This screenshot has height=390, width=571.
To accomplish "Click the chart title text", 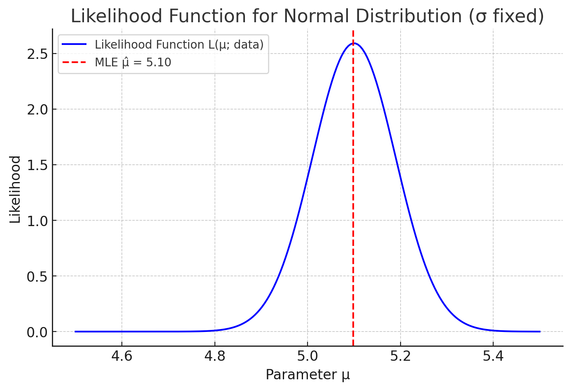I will point(307,16).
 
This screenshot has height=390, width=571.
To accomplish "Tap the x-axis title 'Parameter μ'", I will point(308,375).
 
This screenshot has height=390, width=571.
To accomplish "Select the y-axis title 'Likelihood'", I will point(15,189).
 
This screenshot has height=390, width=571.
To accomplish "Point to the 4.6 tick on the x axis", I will point(122,356).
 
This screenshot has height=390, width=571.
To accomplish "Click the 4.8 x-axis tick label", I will point(214,356).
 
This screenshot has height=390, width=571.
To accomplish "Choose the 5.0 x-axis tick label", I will point(308,356).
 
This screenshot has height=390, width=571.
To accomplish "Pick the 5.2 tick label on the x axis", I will point(400,356).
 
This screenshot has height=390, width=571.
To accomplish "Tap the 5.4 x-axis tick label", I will point(493,356).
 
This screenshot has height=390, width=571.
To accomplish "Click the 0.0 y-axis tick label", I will point(37,332).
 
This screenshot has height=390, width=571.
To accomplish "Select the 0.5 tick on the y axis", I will point(37,276).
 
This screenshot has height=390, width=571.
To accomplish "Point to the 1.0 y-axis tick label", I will point(37,221).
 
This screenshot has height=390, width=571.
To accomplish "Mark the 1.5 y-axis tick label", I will point(37,165).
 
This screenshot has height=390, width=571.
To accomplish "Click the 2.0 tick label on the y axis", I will point(37,110).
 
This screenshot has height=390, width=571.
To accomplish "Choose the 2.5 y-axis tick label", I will point(37,54).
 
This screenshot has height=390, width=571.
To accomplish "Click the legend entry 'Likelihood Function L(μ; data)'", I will point(179,44).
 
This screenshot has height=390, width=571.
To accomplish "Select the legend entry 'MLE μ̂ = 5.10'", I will point(133,63).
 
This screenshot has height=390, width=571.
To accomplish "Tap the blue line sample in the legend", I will point(75,44).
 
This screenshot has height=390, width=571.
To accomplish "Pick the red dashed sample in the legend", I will point(75,63).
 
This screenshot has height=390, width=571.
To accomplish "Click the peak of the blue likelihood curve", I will point(354,43).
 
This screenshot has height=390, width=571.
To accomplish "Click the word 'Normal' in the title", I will point(315,16).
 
